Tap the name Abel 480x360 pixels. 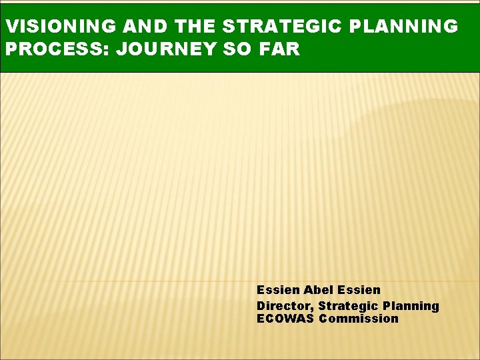[x=319, y=290]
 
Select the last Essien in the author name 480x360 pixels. [x=359, y=290]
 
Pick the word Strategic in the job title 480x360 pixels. [x=348, y=306]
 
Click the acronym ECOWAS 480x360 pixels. [x=285, y=319]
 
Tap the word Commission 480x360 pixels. [x=359, y=319]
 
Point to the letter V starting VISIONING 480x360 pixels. [x=9, y=27]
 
